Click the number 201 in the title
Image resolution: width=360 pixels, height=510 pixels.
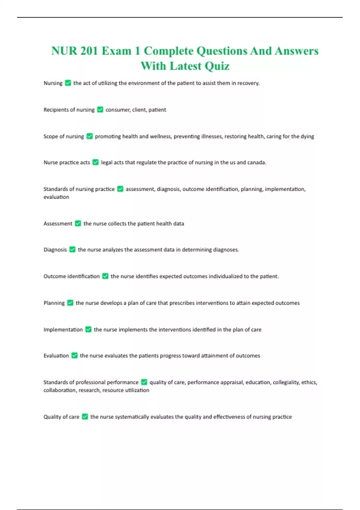coord(89,51)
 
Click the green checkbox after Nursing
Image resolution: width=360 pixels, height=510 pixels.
coord(68,83)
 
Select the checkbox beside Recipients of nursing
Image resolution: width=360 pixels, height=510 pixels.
coord(100,110)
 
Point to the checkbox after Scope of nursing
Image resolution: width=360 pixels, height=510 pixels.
coord(89,136)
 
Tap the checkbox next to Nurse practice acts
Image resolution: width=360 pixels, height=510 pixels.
coord(95,162)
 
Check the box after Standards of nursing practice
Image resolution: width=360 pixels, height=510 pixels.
coord(120,189)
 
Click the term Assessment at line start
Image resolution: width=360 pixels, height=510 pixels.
coord(58,223)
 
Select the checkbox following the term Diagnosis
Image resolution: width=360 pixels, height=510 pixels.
coord(72,250)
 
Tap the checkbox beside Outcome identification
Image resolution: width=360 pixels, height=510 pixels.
coord(105,276)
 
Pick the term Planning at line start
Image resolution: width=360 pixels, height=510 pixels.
coord(54,303)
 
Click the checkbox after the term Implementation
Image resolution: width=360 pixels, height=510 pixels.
coord(88,329)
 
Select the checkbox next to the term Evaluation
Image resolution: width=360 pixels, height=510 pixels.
coord(74,355)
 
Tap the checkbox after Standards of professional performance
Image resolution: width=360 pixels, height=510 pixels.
coord(144,382)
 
